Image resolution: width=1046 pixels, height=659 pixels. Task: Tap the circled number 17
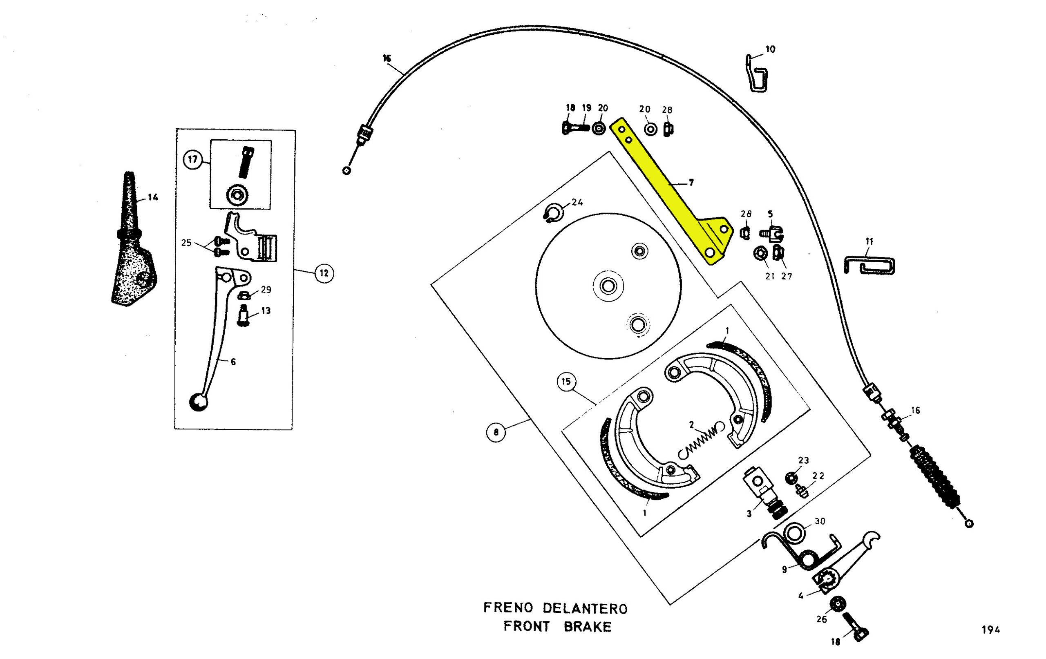point(193,159)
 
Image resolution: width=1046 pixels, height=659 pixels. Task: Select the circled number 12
point(324,273)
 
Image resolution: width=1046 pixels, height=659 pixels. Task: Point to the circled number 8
point(496,432)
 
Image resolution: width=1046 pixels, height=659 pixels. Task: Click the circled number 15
point(565,382)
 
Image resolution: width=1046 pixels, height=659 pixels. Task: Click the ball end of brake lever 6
point(198,402)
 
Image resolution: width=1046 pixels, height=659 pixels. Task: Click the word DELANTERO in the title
point(585,608)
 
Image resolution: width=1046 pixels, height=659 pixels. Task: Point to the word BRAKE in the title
point(587,627)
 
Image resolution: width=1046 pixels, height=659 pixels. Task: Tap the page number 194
point(991,630)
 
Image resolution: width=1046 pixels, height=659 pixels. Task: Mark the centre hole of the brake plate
point(608,286)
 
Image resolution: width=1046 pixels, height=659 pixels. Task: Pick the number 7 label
point(691,183)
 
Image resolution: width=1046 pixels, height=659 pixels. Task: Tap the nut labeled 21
point(760,253)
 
